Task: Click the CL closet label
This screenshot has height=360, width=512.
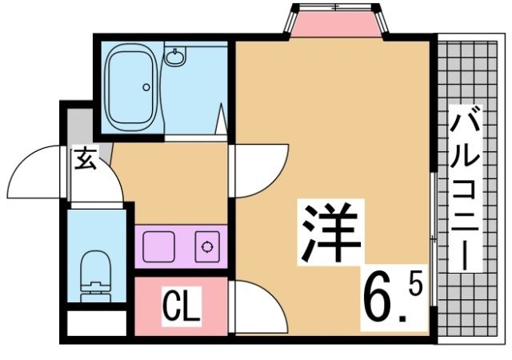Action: pos(182,306)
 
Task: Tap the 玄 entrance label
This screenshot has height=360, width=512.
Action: pos(86,160)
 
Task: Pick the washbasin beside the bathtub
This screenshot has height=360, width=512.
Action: pos(175,57)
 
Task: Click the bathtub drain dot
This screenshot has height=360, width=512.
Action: pos(146,87)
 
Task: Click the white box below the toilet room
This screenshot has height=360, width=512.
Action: pos(96,324)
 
